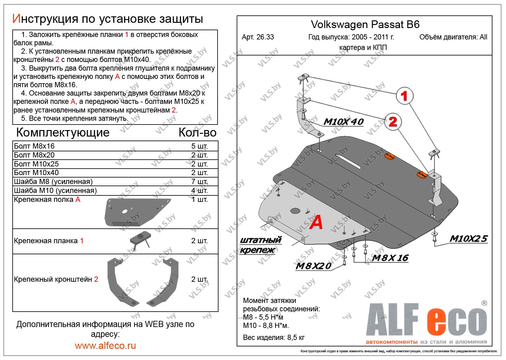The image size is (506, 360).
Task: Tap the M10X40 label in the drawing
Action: [x=344, y=122]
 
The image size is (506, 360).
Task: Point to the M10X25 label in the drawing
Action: [x=468, y=239]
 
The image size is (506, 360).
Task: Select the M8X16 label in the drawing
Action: [x=390, y=258]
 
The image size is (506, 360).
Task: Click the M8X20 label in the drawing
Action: [x=313, y=266]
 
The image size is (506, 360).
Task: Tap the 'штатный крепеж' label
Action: [x=261, y=245]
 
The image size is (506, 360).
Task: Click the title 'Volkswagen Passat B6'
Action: [x=365, y=24]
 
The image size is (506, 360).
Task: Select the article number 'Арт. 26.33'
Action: [x=258, y=37]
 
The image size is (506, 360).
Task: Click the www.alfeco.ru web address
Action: [x=105, y=346]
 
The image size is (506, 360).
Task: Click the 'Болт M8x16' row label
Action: [x=34, y=146]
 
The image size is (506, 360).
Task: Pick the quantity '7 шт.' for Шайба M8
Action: [x=199, y=182]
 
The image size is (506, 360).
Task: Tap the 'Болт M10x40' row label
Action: [x=36, y=173]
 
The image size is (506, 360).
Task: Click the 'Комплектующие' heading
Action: [x=63, y=133]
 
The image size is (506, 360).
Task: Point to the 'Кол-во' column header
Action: [x=197, y=133]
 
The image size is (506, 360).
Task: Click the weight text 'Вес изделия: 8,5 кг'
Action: [x=274, y=337]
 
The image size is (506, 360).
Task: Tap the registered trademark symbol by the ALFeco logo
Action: [x=484, y=303]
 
